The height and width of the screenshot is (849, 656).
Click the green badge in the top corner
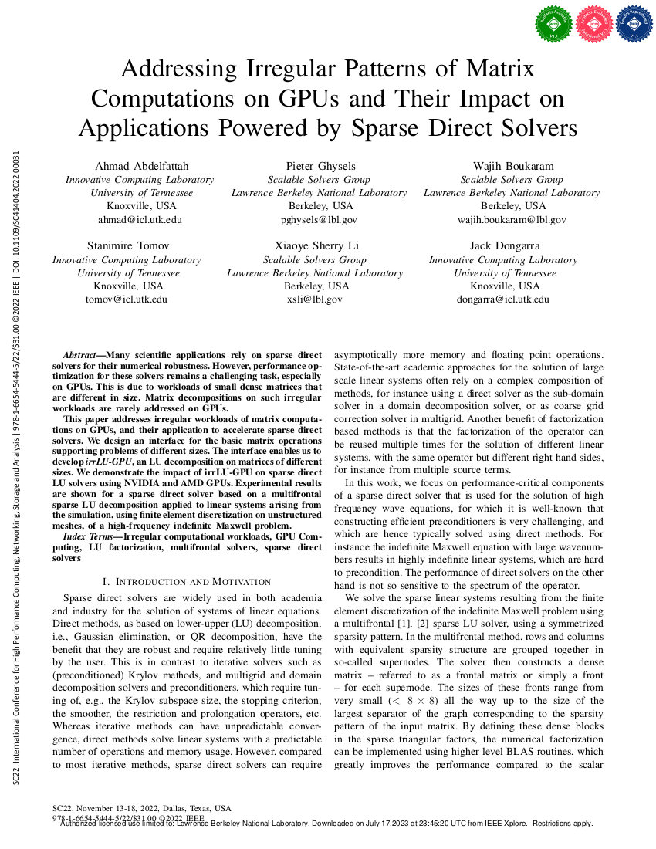pyautogui.click(x=552, y=24)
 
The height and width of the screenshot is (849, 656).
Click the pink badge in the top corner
pyautogui.click(x=593, y=24)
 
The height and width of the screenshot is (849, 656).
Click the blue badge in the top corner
pyautogui.click(x=633, y=24)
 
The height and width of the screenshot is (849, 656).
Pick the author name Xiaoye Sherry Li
pyautogui.click(x=316, y=246)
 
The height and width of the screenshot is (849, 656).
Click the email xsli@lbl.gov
pyautogui.click(x=315, y=299)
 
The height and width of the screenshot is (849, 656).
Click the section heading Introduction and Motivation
pyautogui.click(x=186, y=581)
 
